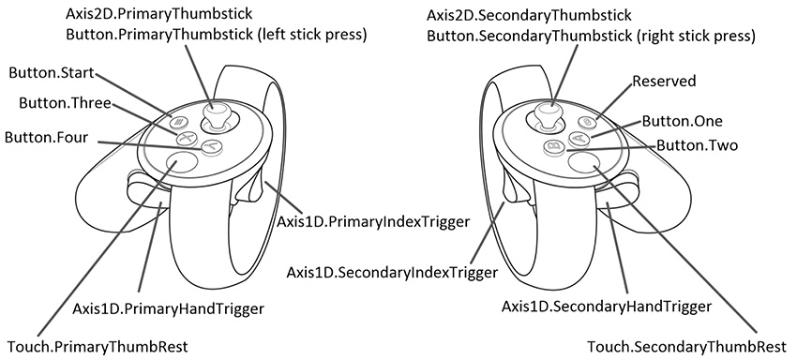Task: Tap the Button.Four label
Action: [x=46, y=137]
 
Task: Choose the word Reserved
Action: [x=664, y=82]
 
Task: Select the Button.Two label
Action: [x=697, y=146]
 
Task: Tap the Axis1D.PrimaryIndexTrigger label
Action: [x=372, y=221]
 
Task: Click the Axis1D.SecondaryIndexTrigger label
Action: [x=391, y=273]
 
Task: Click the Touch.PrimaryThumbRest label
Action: [x=98, y=346]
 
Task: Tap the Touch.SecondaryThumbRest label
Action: [x=686, y=346]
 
